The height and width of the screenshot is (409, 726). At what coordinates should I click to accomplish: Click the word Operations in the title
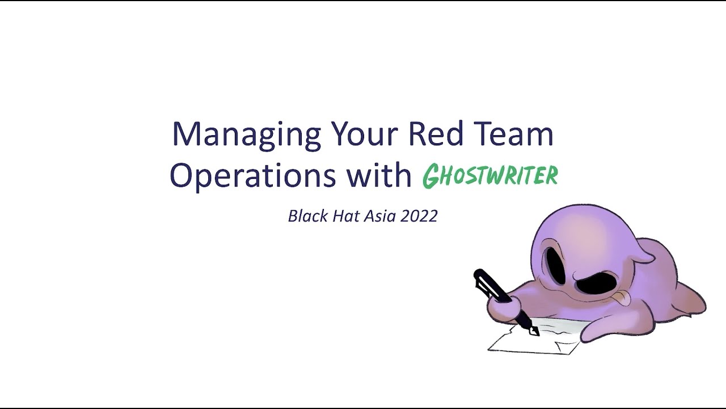click(x=253, y=176)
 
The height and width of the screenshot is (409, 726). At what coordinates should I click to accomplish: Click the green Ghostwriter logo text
click(x=490, y=176)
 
